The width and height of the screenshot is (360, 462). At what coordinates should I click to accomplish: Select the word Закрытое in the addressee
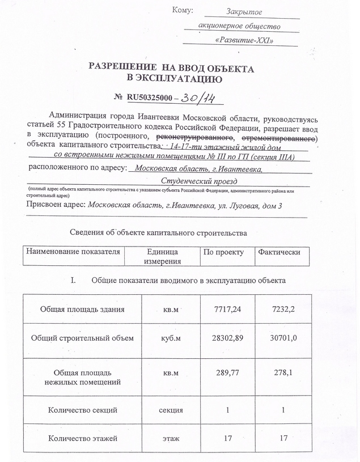click(x=244, y=11)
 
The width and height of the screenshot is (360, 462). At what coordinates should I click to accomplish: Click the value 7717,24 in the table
click(x=224, y=309)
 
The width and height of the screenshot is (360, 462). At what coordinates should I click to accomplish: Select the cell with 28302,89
click(x=224, y=338)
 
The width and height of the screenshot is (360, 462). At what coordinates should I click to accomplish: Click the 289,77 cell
click(x=224, y=374)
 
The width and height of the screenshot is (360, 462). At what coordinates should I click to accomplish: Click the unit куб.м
click(x=171, y=338)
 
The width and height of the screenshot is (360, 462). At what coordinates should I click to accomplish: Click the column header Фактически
click(x=279, y=252)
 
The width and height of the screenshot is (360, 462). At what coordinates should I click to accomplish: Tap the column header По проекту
click(x=223, y=252)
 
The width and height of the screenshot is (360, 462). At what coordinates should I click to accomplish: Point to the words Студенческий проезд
click(x=198, y=180)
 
